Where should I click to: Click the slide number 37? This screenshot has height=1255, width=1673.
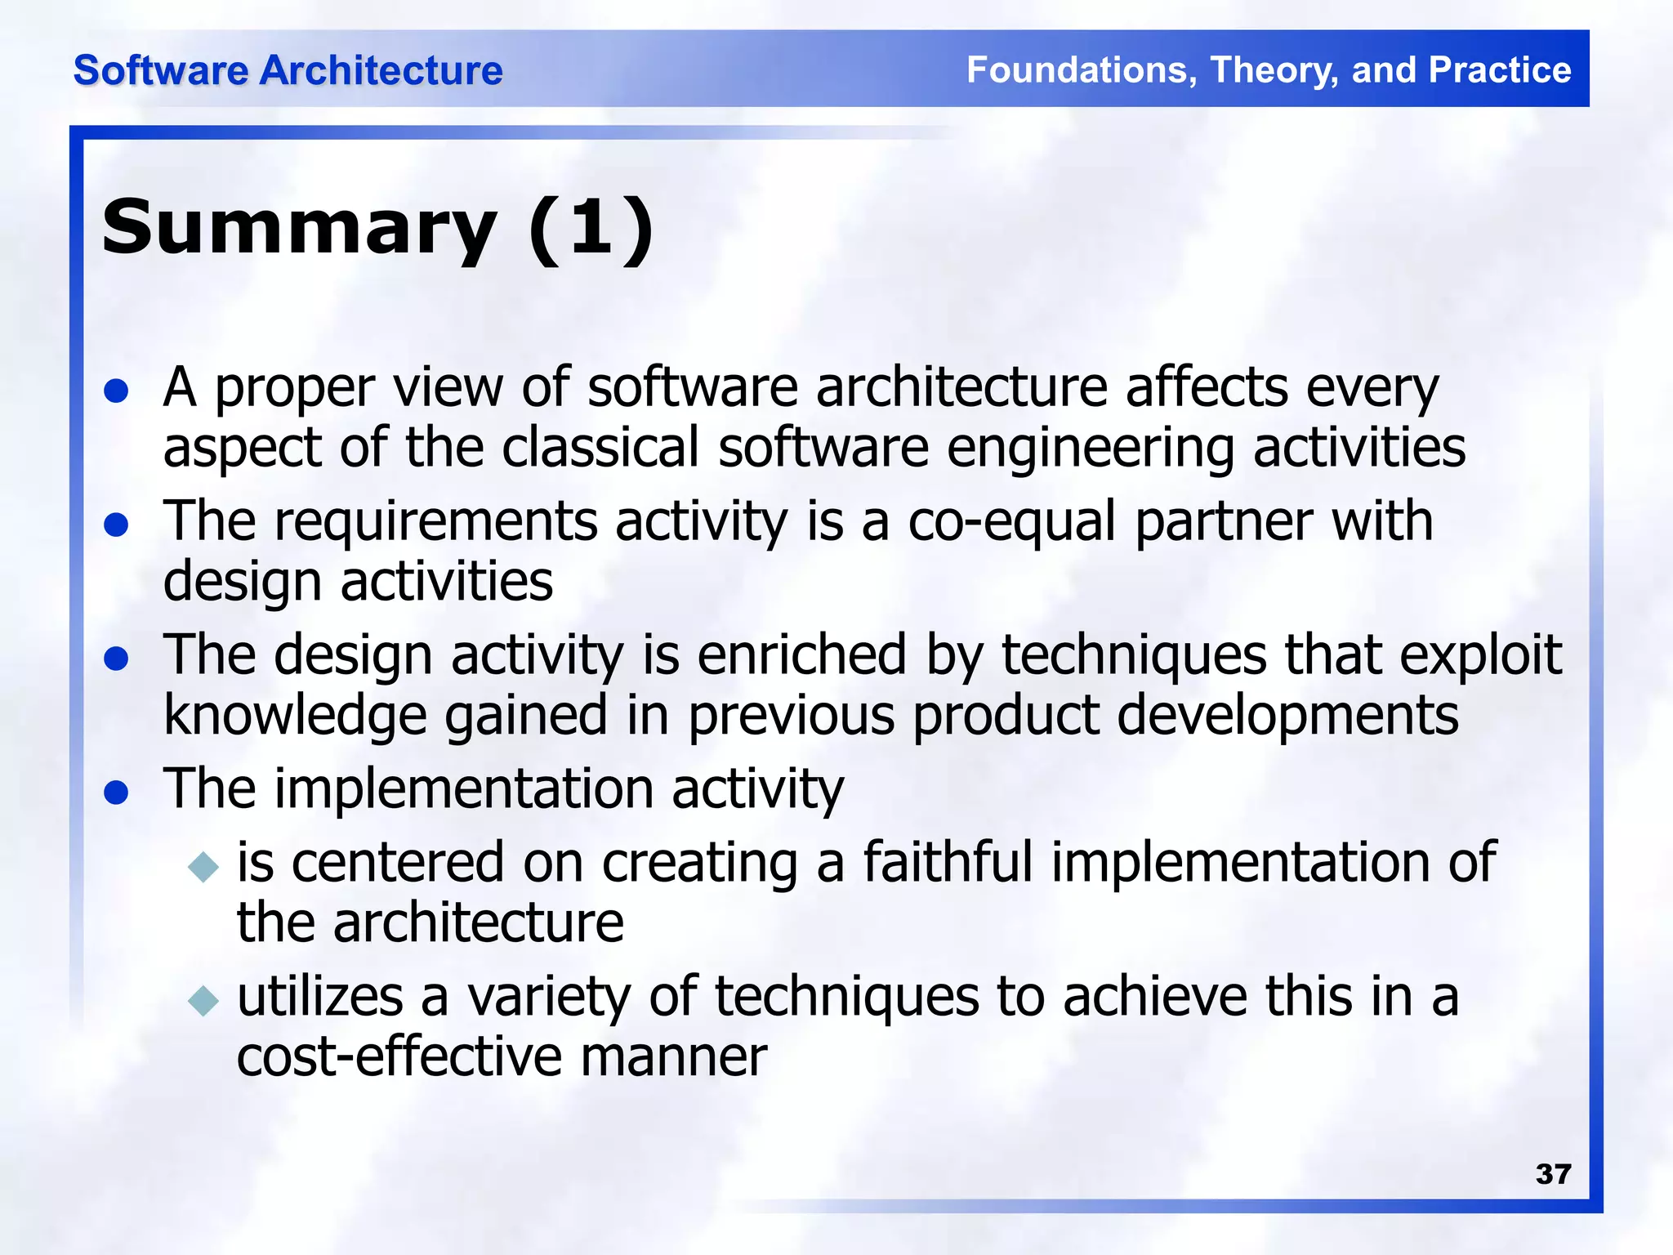coord(1553,1174)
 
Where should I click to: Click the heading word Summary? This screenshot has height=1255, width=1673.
coord(299,229)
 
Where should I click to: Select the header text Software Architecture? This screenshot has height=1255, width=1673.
coord(288,70)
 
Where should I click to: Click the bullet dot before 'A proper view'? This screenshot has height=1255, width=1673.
coord(117,391)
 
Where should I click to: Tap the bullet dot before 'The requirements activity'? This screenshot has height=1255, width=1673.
coord(117,525)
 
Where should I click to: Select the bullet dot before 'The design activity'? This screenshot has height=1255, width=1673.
coord(117,659)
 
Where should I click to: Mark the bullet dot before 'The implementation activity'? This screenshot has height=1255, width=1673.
coord(117,793)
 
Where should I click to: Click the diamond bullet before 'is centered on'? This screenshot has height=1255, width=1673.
coord(203,866)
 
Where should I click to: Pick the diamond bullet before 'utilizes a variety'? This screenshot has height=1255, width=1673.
coord(203,1000)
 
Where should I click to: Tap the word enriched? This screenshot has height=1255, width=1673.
coord(801,656)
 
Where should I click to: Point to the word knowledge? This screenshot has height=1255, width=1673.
coord(295,717)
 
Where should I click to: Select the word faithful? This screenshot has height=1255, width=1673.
coord(948,864)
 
